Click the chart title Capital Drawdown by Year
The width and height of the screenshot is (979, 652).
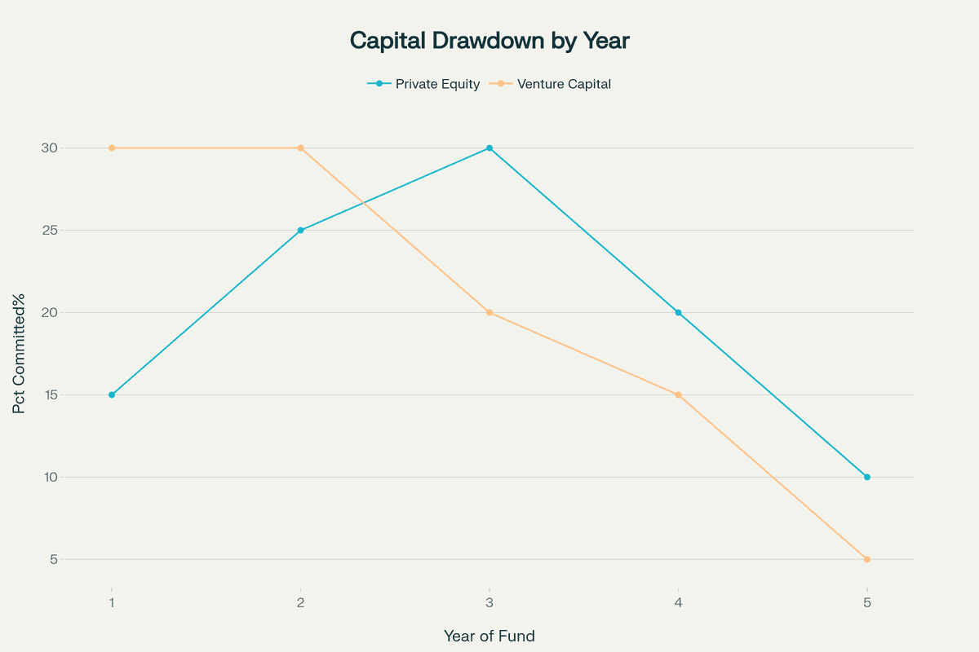click(489, 41)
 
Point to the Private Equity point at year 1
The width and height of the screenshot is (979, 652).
click(112, 394)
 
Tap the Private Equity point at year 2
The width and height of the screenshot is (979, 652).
click(300, 230)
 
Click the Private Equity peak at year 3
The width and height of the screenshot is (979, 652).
click(489, 148)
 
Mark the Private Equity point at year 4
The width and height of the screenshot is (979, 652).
click(678, 312)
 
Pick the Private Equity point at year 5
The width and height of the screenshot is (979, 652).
click(866, 477)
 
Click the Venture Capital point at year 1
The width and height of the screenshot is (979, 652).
click(112, 148)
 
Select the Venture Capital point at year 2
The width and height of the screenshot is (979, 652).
click(300, 148)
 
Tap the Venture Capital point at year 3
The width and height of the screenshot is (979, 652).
click(489, 312)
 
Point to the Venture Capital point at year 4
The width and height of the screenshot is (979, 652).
click(678, 394)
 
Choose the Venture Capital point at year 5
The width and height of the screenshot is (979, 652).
click(866, 559)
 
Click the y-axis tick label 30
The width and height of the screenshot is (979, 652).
click(49, 148)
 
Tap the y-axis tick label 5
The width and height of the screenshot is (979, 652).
click(53, 559)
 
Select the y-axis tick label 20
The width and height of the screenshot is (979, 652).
click(49, 312)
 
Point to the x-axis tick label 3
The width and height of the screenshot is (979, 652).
click(489, 603)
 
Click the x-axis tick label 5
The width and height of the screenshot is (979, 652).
click(866, 603)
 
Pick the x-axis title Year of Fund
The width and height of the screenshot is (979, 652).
click(489, 636)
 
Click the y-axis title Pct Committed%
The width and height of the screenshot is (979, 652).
click(20, 353)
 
